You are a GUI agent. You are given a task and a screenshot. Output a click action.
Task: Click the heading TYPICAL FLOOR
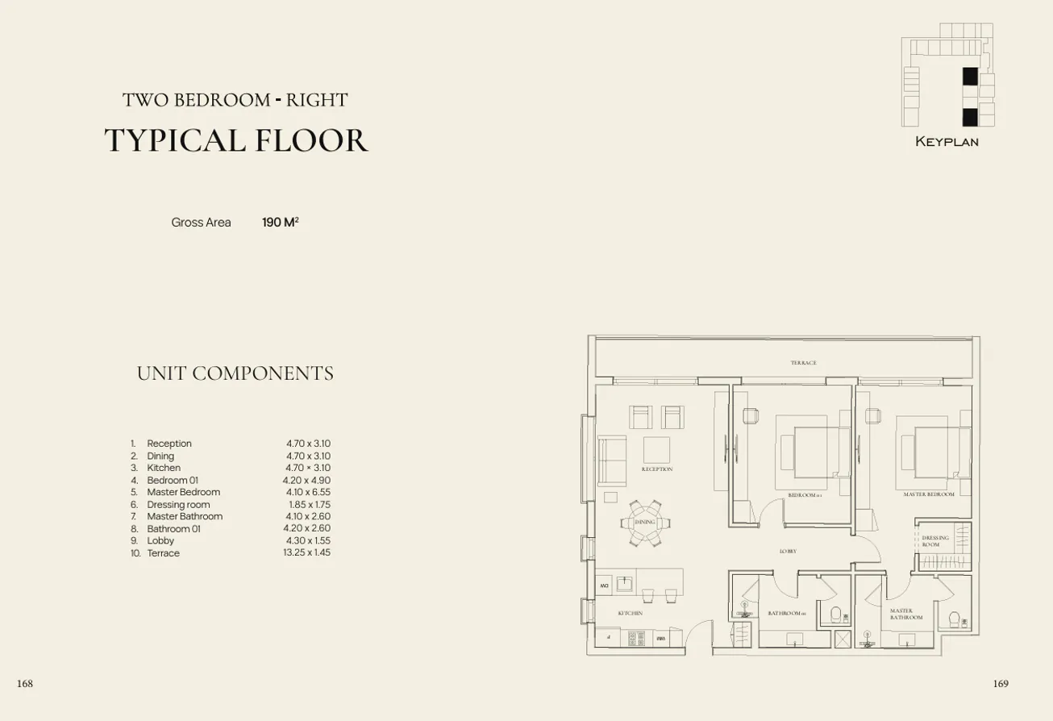pos(236,140)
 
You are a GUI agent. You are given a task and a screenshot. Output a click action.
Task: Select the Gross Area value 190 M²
pos(280,222)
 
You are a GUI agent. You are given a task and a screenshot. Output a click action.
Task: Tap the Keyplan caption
pos(947,142)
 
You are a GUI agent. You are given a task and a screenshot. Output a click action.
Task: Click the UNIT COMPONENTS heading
pos(235,373)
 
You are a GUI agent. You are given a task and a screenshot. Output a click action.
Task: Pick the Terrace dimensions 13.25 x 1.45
pos(306,553)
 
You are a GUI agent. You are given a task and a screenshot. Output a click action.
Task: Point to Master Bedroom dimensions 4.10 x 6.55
pos(308,492)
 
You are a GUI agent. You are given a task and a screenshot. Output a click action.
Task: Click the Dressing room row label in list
pos(178,505)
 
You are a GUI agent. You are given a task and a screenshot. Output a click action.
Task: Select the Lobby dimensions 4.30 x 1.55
pos(308,541)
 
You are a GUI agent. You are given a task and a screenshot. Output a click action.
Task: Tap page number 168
pos(25,684)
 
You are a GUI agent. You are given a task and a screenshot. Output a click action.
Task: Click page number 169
pos(1000,684)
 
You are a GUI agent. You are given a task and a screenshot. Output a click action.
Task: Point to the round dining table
pos(644,522)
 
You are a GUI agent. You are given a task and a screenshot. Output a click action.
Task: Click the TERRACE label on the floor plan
pos(803,363)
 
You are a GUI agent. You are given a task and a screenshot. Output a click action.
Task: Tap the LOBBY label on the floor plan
pos(788,552)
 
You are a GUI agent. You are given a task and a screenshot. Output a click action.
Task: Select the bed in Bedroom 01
pos(809,452)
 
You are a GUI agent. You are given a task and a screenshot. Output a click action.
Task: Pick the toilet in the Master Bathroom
pos(955,620)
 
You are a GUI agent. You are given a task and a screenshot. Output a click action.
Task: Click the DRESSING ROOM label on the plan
pos(935,541)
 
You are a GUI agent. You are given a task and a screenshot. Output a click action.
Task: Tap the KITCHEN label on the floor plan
pos(630,614)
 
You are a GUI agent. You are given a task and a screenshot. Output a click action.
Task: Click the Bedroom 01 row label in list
pos(172,480)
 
